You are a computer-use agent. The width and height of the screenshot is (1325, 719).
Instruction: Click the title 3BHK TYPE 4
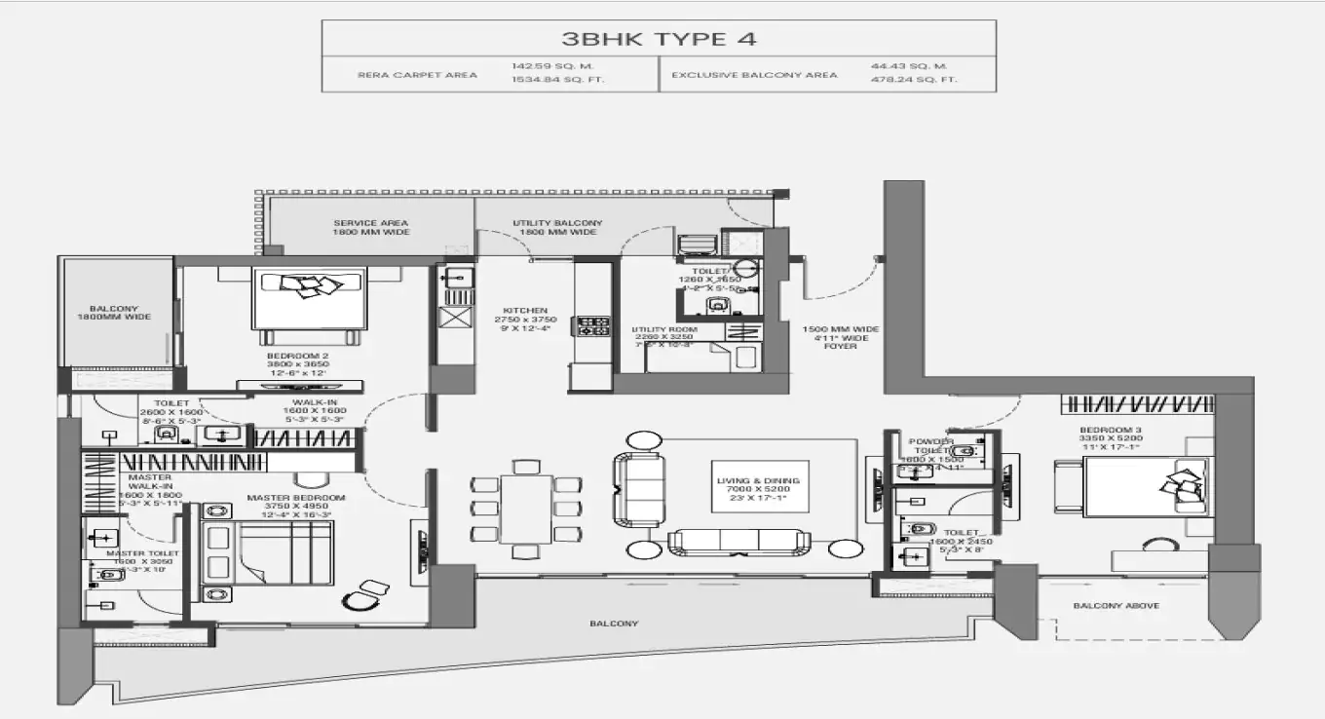point(659,39)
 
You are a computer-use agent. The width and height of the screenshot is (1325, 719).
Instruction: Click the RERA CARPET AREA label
point(418,74)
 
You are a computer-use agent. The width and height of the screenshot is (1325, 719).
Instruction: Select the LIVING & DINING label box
point(758,487)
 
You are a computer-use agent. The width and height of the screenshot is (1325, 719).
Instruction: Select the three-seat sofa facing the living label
point(738,542)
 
